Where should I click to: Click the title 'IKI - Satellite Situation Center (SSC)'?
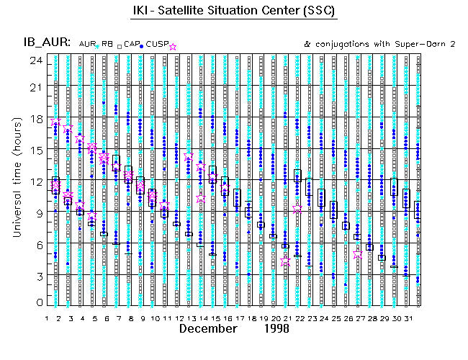[x=234, y=12]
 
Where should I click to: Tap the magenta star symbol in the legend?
[x=172, y=46]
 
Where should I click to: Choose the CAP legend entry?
[x=131, y=45]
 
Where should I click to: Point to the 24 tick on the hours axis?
[x=34, y=60]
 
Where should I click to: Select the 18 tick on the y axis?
[x=34, y=118]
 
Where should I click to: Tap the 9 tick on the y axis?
[x=37, y=212]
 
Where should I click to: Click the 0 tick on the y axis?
[x=37, y=303]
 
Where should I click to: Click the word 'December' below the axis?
[x=208, y=329]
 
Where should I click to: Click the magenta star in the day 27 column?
[x=358, y=254]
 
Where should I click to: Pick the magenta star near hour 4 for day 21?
[x=286, y=261]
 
